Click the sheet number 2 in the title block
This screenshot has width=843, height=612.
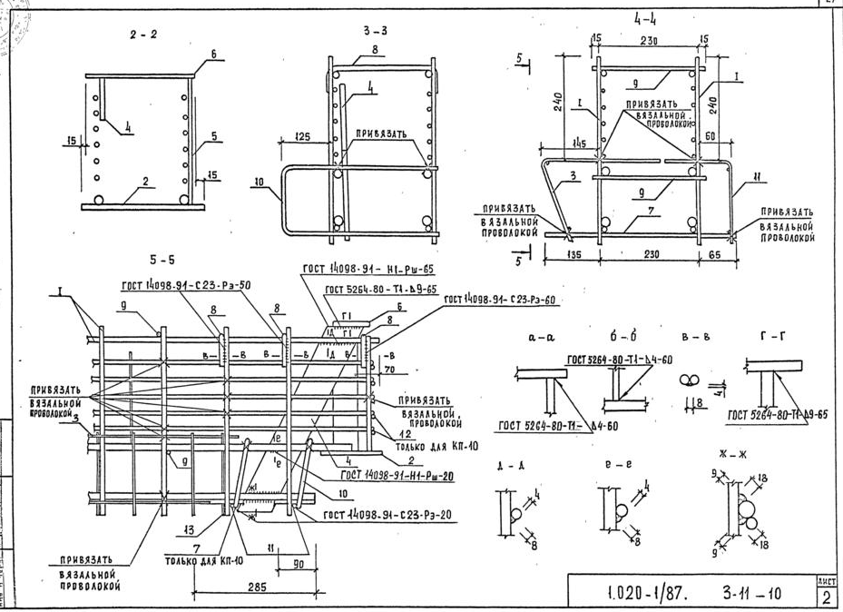click(828, 597)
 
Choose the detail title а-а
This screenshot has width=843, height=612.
click(535, 337)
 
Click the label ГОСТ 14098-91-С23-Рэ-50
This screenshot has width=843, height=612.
click(188, 284)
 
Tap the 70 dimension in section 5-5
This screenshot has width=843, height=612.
click(389, 370)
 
